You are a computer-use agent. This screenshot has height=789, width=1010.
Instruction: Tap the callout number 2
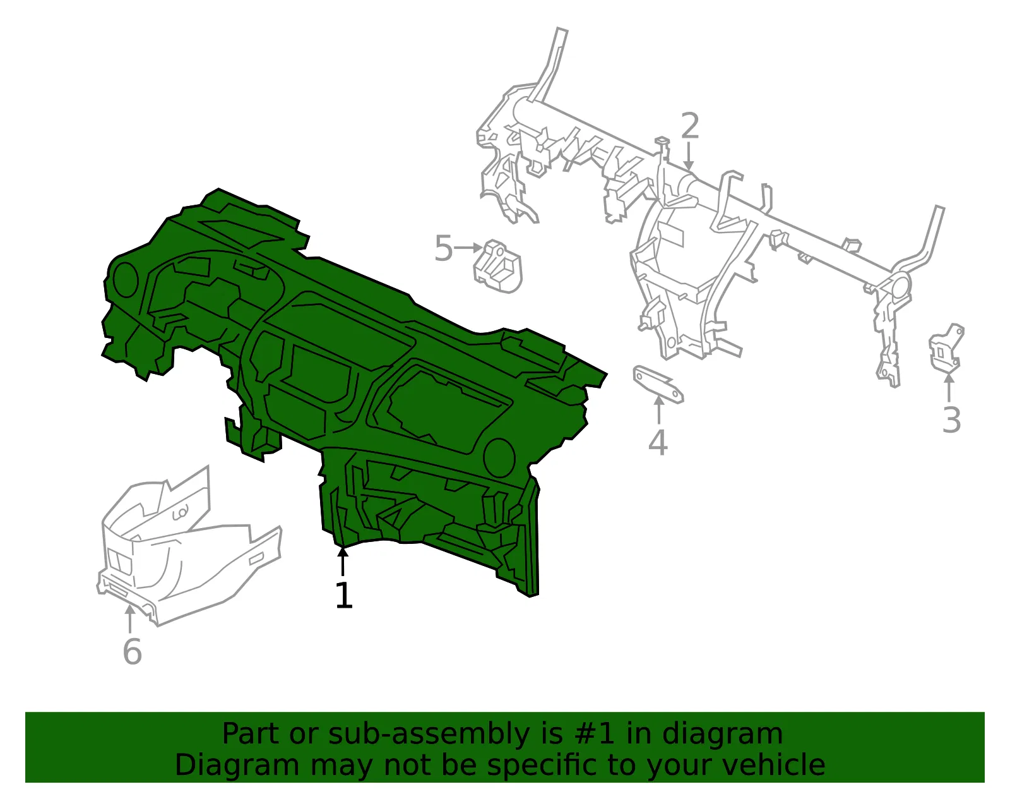click(690, 126)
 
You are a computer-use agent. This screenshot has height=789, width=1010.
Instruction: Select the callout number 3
click(951, 419)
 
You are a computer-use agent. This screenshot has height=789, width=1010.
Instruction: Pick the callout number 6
click(132, 651)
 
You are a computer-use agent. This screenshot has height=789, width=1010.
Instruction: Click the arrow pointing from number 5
click(468, 248)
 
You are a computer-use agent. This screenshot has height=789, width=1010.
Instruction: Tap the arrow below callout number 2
click(689, 156)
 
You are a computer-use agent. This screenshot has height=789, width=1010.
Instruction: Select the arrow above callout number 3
click(949, 387)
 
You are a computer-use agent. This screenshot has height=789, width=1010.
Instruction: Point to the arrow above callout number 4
click(658, 409)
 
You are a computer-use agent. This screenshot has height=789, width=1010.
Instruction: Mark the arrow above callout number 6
click(129, 618)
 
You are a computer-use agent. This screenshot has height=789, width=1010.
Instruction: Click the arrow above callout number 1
click(343, 561)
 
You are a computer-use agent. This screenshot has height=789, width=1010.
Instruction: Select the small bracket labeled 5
click(497, 267)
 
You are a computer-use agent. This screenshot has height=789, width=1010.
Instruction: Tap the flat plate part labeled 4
click(658, 383)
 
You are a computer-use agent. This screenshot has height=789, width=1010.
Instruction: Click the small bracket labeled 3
click(946, 348)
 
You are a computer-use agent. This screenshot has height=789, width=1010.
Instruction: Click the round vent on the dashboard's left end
click(125, 279)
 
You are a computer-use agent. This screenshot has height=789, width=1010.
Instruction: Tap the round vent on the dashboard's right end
click(499, 457)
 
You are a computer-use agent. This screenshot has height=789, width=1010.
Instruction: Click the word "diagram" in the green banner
click(722, 733)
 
